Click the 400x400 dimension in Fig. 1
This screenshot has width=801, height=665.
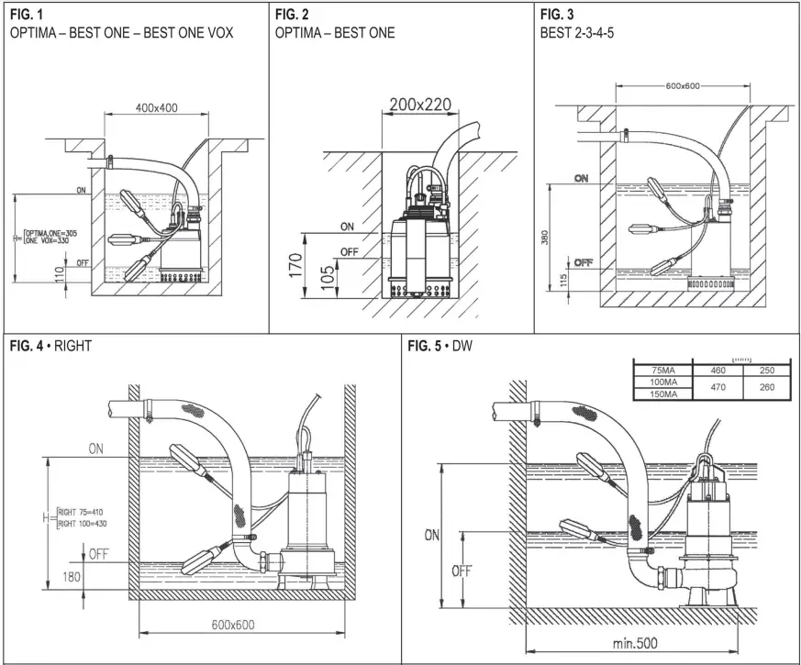pos(157,108)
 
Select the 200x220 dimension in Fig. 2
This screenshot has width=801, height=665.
pos(419,105)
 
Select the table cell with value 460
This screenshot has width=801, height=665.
pos(718,370)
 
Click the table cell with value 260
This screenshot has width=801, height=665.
pos(767,387)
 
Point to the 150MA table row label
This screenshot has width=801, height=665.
pos(663,394)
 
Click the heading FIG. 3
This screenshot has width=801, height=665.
pos(556,14)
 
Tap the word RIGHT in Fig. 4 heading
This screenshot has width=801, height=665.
pos(73,347)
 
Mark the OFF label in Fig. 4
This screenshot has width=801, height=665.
pos(99,553)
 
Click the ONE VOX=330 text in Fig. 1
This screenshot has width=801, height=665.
pos(50,241)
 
